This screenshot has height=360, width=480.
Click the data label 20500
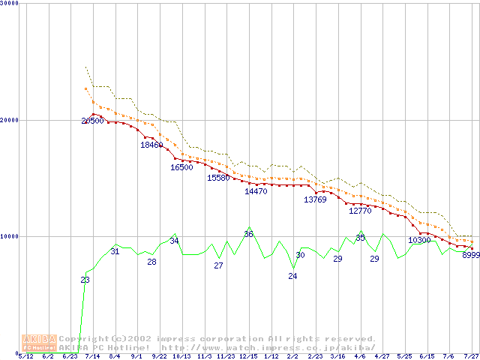(x=93, y=121)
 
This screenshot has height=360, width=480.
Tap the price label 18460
(x=151, y=145)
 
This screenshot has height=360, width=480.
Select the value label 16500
(x=181, y=167)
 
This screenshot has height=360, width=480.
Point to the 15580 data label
(x=218, y=178)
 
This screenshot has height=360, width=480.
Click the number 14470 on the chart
(x=256, y=191)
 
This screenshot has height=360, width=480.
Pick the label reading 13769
(x=315, y=199)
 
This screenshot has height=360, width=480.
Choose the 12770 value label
(x=360, y=211)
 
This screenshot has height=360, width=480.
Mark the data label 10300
(x=419, y=240)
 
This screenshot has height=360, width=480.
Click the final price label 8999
(x=471, y=255)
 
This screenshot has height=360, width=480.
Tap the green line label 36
(x=248, y=234)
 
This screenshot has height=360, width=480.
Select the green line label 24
(x=292, y=276)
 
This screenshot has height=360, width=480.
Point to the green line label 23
(x=85, y=280)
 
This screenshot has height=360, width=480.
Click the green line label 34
(x=174, y=241)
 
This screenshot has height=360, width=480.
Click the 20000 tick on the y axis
(x=10, y=120)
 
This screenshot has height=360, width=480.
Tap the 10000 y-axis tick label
(x=10, y=236)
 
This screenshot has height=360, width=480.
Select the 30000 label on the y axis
(x=10, y=4)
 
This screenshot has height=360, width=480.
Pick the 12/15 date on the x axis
(x=248, y=356)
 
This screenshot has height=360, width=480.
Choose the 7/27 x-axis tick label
(x=471, y=356)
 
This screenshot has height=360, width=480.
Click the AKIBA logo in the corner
(x=39, y=343)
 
